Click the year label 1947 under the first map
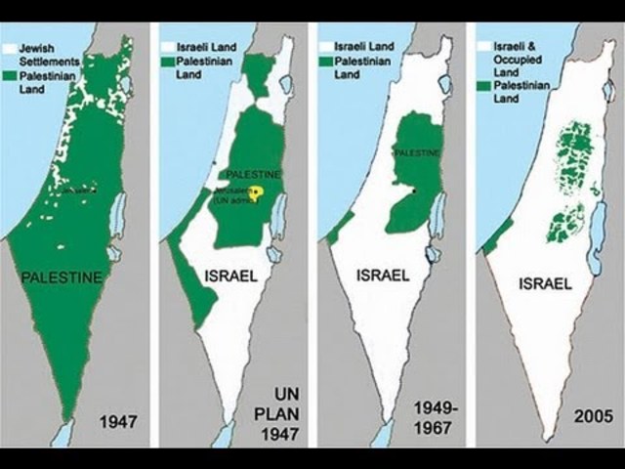[x=118, y=422]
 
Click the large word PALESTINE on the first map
[x=61, y=277]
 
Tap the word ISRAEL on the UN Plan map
[x=230, y=277]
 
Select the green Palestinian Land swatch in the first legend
[x=10, y=74]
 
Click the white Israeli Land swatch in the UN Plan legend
[x=168, y=46]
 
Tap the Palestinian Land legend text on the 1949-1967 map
[x=363, y=67]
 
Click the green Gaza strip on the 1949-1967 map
[x=338, y=230]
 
